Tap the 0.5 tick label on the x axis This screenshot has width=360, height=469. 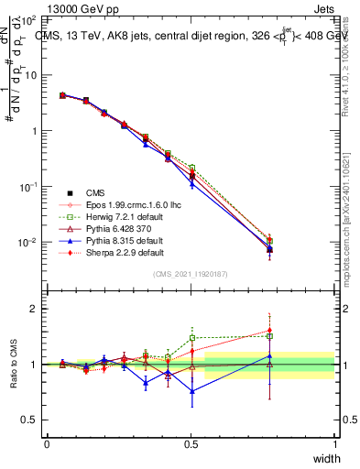[x=191, y=444]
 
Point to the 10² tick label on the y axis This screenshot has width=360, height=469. [x=29, y=19]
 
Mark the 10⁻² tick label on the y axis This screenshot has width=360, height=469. [x=29, y=243]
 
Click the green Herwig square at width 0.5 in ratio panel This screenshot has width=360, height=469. [x=192, y=337]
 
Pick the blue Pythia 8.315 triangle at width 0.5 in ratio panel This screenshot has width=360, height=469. [x=192, y=391]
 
